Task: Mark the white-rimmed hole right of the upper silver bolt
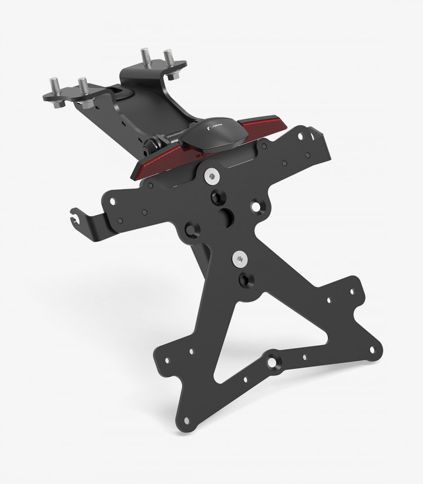click(x=255, y=206)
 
